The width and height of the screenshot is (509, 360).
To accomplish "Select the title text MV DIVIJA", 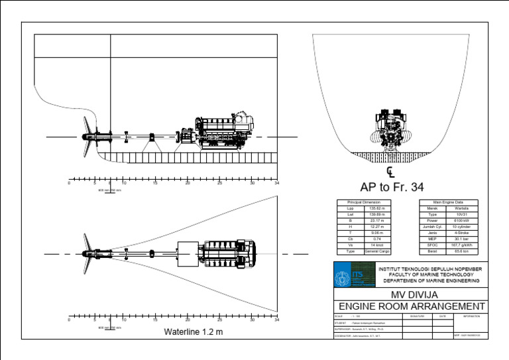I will click(x=410, y=294).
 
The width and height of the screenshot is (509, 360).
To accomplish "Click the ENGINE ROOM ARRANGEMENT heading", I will click(x=411, y=306).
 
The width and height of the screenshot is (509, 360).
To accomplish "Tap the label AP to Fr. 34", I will click(x=392, y=187).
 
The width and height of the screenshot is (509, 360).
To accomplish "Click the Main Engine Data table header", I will click(x=448, y=202).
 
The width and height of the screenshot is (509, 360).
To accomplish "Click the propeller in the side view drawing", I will click(x=85, y=137).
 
